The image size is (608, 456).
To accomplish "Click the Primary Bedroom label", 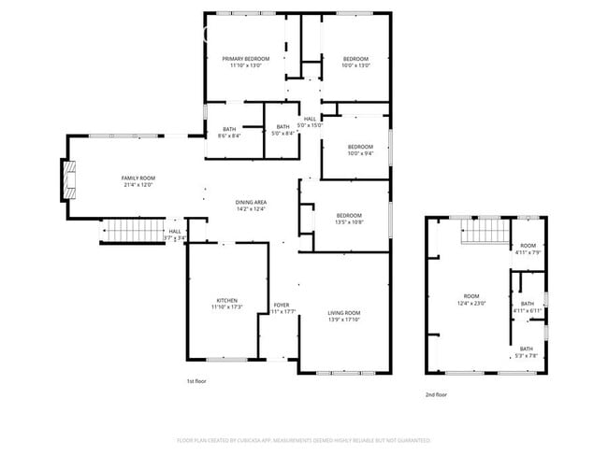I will [247, 59].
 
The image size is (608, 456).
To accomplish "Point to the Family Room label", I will [138, 178].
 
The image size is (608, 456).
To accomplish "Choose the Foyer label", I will [281, 305].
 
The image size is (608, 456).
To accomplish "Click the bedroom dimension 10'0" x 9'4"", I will [360, 154].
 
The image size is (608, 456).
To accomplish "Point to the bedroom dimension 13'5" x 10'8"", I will [349, 223].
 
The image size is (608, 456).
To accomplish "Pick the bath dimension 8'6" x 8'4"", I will [229, 136].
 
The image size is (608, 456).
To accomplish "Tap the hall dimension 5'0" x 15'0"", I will [310, 126].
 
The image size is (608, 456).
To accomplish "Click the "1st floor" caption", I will [196, 381].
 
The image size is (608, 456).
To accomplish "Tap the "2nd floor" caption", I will [436, 394].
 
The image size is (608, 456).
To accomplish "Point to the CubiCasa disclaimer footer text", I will [303, 439].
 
